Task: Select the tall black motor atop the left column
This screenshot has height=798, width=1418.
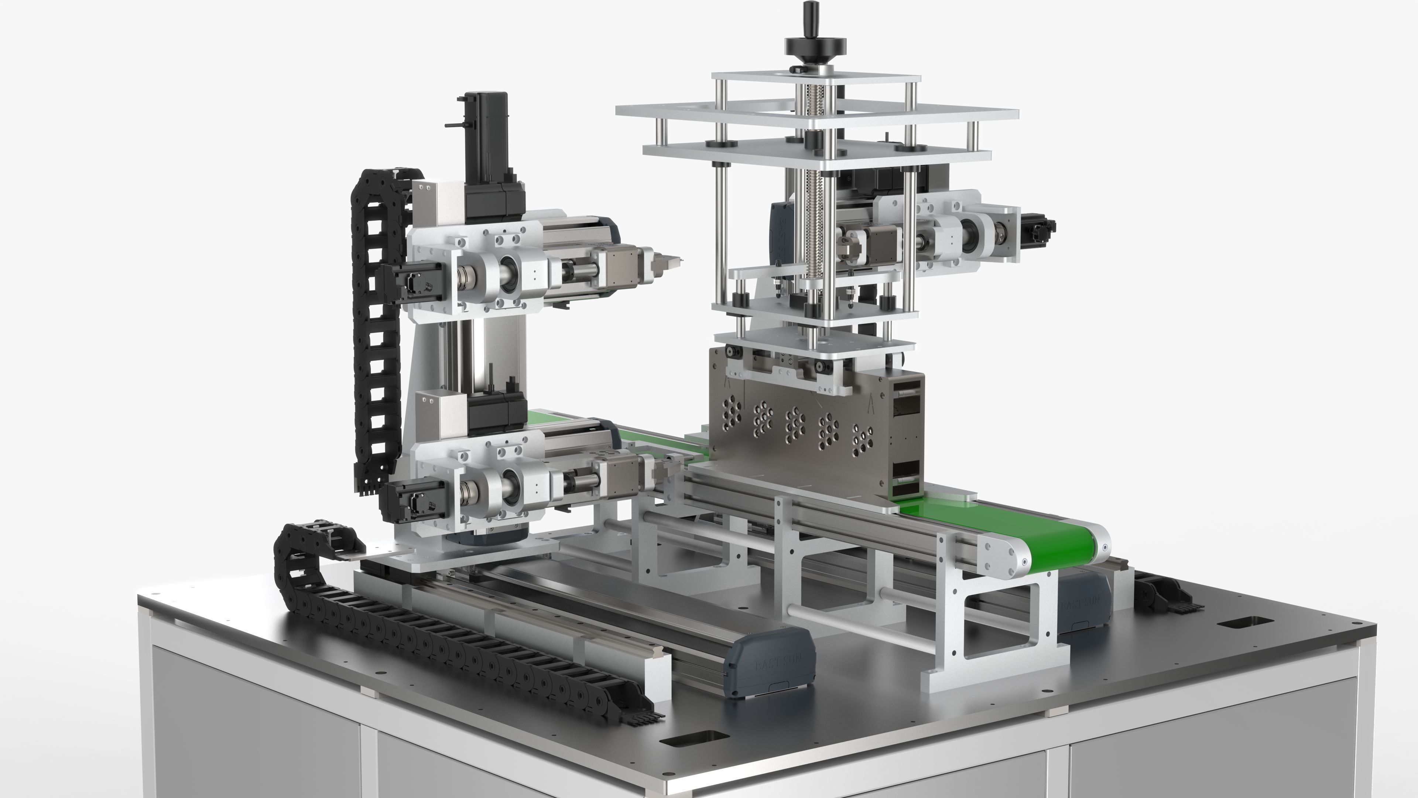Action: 486,132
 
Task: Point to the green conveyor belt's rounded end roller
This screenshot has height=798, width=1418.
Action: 1098,545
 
